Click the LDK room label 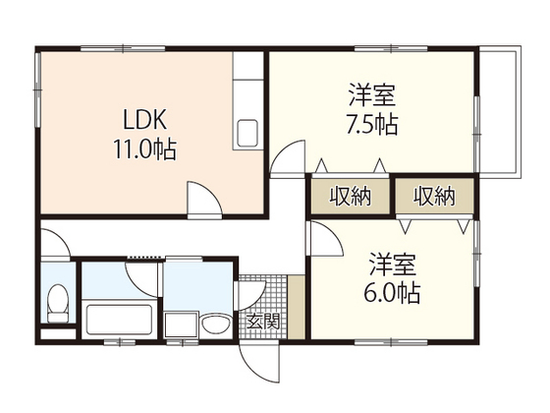point(144,120)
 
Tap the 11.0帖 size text point(144,149)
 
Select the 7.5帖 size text point(372,124)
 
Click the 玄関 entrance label point(263,321)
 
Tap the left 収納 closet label point(350,196)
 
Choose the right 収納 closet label point(434,196)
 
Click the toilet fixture point(58,303)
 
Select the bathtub point(119,320)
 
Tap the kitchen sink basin point(247,134)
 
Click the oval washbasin point(216,324)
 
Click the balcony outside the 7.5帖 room point(500,111)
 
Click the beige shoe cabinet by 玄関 point(297,307)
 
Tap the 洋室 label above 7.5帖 point(372,95)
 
